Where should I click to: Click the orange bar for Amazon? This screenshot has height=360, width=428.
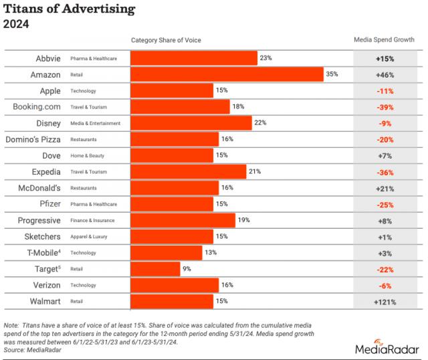(227, 74)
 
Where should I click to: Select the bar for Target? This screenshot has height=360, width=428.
(155, 269)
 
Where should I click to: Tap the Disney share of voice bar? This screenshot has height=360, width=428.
(191, 123)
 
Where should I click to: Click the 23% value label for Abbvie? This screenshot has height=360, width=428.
(265, 58)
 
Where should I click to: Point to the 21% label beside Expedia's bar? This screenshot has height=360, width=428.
(254, 171)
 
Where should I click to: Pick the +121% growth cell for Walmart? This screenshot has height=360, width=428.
(385, 302)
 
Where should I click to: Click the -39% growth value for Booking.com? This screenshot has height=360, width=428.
(385, 107)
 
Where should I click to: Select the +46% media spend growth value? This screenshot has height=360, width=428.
(385, 74)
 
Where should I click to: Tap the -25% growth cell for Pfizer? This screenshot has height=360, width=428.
(385, 204)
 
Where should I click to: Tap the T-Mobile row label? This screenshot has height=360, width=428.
(43, 253)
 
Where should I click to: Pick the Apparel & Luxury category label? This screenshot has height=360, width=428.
(90, 237)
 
